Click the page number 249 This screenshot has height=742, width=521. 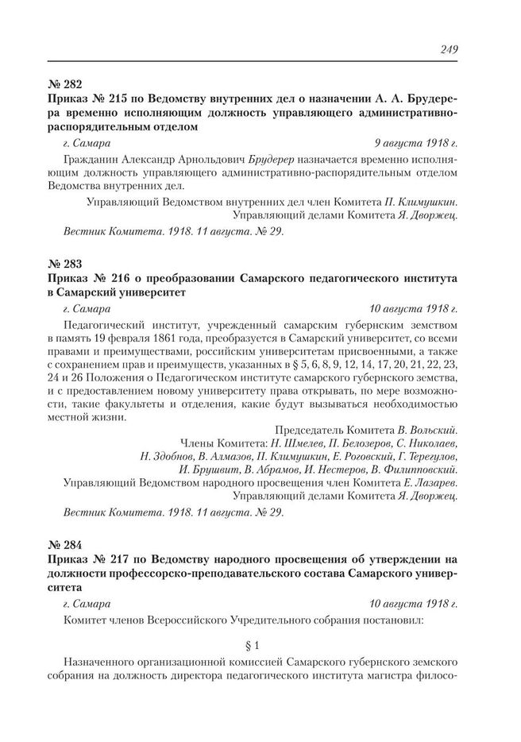click(449, 50)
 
